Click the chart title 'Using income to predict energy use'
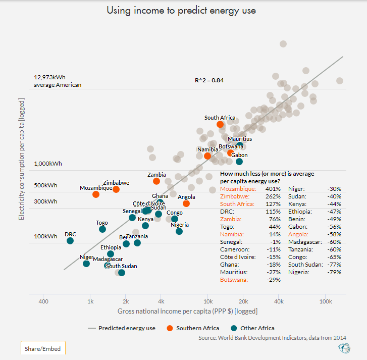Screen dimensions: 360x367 pyautogui.click(x=183, y=10)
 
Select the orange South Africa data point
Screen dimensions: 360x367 pyautogui.click(x=220, y=124)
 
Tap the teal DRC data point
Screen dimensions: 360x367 pyautogui.click(x=70, y=241)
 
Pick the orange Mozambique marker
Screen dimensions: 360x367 pyautogui.click(x=96, y=194)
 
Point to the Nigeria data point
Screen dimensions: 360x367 pyautogui.click(x=179, y=231)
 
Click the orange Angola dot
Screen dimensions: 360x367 pyautogui.click(x=186, y=203)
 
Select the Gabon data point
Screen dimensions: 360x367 pyautogui.click(x=239, y=162)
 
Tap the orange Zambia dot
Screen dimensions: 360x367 pyautogui.click(x=156, y=181)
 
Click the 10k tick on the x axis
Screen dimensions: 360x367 pyautogui.click(x=207, y=301)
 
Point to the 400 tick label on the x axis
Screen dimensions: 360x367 pyautogui.click(x=43, y=301)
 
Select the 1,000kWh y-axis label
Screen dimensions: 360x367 pyautogui.click(x=48, y=164)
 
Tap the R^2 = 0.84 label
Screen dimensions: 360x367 pyautogui.click(x=209, y=80)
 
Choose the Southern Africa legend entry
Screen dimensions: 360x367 pyautogui.click(x=191, y=328)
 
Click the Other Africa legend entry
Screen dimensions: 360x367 pyautogui.click(x=251, y=328)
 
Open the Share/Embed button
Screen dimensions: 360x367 pyautogui.click(x=43, y=349)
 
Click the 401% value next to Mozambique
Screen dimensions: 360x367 pyautogui.click(x=273, y=188)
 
